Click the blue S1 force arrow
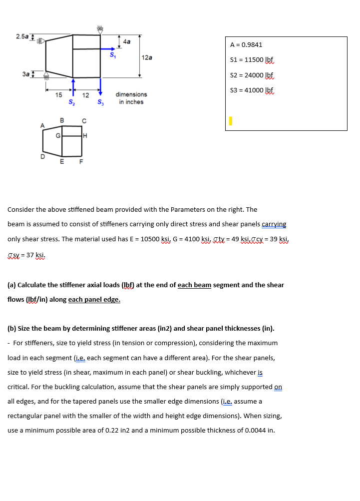pos(108,49)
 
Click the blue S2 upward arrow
pos(73,86)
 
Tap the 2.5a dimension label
pos(22,36)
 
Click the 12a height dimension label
pos(147,57)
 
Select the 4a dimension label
pos(127,42)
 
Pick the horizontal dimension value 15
pos(58,94)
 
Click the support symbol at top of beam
pos(100,29)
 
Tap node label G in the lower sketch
pos(58,135)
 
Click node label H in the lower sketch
pos(85,135)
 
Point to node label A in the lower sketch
pos(43,125)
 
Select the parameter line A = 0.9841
pos(246,45)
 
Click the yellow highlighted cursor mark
pos(231,121)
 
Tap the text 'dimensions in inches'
pos(131,98)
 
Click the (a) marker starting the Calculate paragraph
pos(11,285)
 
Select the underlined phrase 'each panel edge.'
pos(94,300)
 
